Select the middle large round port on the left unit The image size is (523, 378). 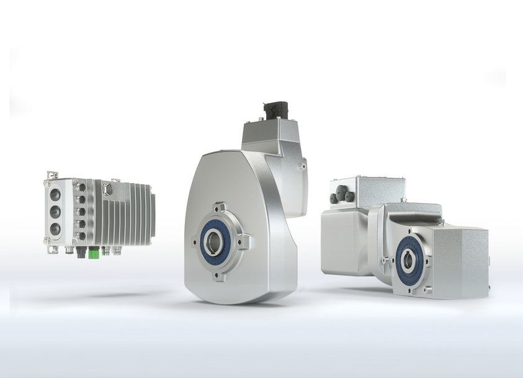pos(56,210)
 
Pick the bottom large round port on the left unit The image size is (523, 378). pos(56,228)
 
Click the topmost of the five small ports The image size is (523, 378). pos(81,187)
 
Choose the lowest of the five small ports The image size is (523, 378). pos(81,235)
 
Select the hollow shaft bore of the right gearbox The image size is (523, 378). pos(408,261)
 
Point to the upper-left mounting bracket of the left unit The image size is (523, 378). pos(52,176)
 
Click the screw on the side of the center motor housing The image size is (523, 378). pos(302,166)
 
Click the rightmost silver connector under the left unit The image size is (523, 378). pos(116,251)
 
